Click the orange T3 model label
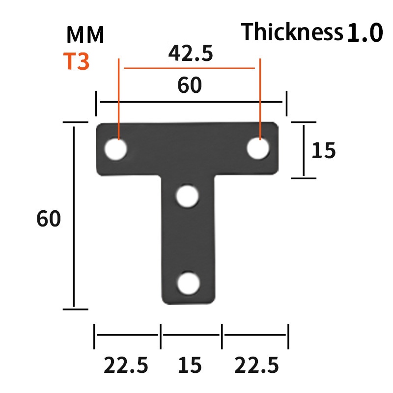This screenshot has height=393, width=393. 76,61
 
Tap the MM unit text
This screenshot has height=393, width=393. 85,34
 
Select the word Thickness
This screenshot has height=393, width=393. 292,31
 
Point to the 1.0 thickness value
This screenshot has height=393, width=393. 365,32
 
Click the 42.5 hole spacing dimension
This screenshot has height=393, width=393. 191,53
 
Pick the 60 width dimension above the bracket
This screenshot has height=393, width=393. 190,85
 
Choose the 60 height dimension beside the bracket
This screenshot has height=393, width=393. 49,219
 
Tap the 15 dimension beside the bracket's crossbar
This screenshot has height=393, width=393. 323,150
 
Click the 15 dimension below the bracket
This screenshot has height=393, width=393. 190,365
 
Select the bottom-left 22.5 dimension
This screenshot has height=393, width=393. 126,365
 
